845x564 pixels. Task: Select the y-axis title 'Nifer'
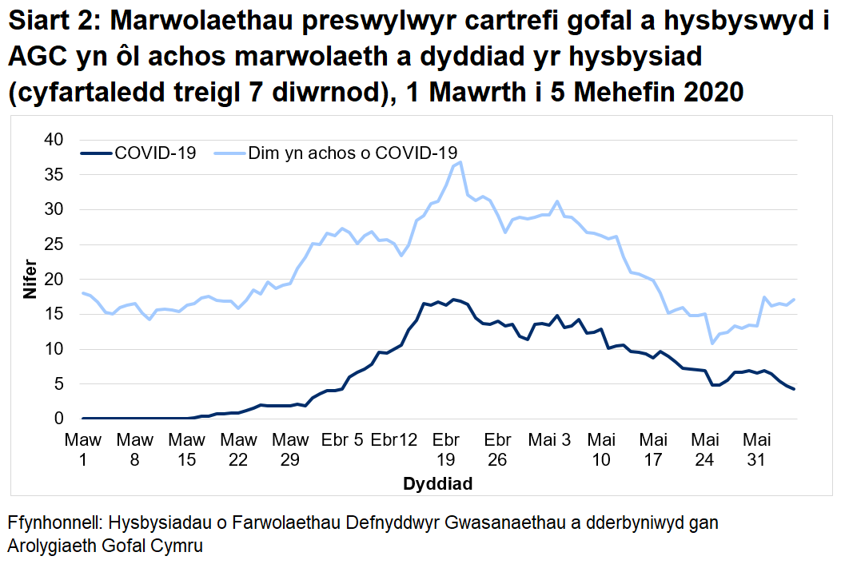click(x=30, y=279)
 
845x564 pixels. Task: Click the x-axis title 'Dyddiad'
click(x=437, y=484)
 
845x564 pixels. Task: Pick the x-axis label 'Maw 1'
click(x=82, y=450)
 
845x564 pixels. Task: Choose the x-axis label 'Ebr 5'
click(x=342, y=440)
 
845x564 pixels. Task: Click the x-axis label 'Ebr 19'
click(x=445, y=450)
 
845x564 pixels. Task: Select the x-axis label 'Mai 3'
click(x=549, y=440)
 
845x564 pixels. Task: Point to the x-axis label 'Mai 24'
click(x=704, y=450)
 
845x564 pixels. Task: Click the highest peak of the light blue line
click(x=460, y=162)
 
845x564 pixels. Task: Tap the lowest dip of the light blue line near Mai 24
click(x=711, y=344)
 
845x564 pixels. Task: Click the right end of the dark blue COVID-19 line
click(x=793, y=389)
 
